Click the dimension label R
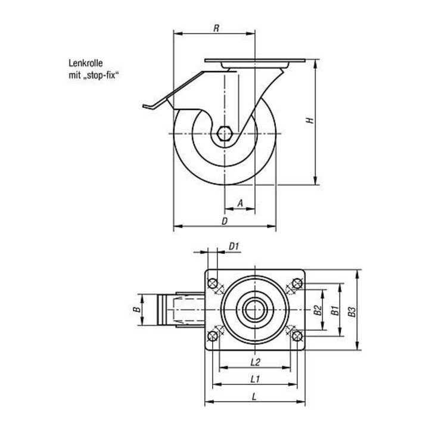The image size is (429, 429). [216, 28]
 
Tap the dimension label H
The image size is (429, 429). [310, 120]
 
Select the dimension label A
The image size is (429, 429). [240, 203]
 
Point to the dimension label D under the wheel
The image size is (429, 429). [225, 221]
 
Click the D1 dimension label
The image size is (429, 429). [234, 247]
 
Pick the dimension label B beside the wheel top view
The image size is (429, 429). [137, 309]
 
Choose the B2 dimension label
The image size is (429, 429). [318, 310]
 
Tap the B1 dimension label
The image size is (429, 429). [335, 310]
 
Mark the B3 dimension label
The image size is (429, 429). [352, 312]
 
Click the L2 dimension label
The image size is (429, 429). [255, 362]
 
